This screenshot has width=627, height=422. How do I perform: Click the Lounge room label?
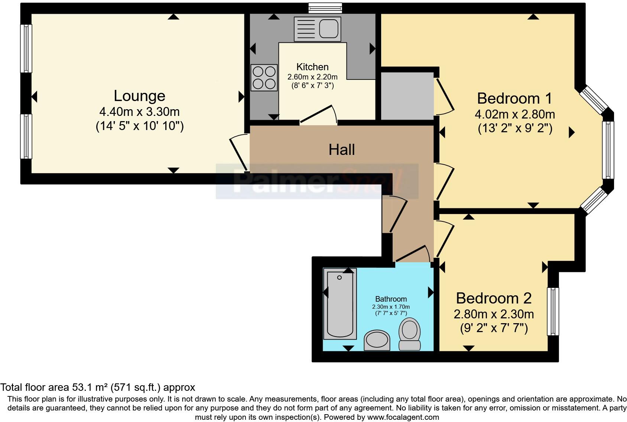[x=139, y=96]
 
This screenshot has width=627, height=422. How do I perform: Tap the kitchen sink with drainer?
[x=317, y=28]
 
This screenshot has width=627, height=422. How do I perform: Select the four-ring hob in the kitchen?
[x=264, y=77]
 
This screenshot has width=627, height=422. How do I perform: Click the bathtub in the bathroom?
[x=340, y=304]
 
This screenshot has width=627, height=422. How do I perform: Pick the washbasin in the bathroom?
[x=377, y=340]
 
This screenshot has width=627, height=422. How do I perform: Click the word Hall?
[x=341, y=150]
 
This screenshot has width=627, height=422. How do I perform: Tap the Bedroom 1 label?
[x=514, y=98]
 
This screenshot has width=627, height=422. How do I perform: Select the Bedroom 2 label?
[x=494, y=298]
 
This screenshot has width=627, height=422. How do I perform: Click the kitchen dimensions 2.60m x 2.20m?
[x=312, y=77]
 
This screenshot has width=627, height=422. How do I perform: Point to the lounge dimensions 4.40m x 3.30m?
[x=139, y=111]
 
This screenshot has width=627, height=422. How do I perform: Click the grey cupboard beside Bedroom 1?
[x=407, y=96]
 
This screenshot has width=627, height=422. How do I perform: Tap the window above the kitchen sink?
[x=325, y=7]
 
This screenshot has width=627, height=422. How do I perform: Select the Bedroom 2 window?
[x=553, y=311]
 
